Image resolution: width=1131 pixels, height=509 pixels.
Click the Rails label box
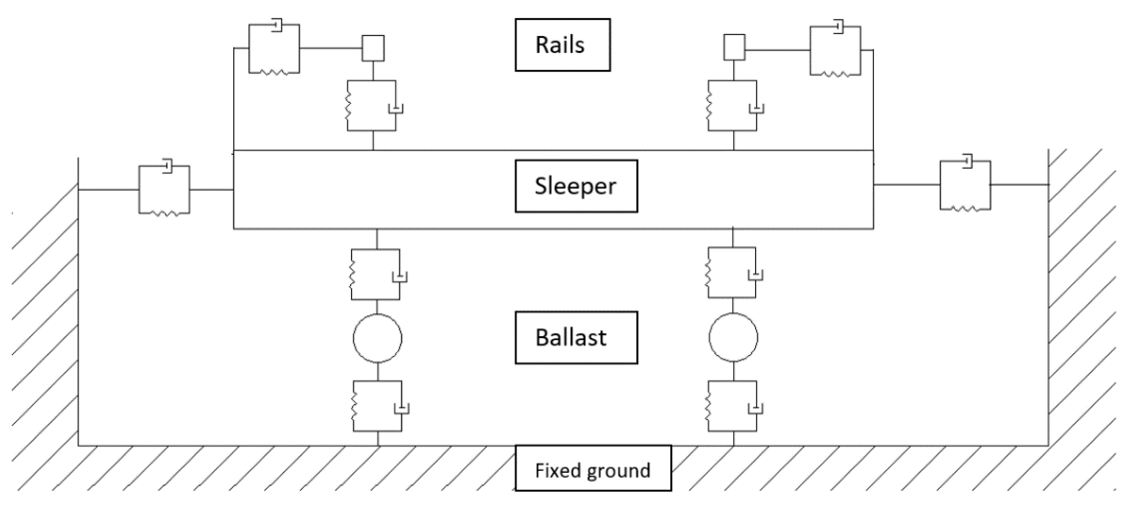562,45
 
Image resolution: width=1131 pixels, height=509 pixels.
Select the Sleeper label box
576,186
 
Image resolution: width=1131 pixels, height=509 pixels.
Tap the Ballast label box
576,337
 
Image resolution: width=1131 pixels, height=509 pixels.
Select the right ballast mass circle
733,337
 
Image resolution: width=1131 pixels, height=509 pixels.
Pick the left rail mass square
373,48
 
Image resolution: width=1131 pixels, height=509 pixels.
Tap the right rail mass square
734,47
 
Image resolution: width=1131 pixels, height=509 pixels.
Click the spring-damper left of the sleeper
164,190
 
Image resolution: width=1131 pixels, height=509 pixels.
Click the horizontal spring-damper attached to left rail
274,48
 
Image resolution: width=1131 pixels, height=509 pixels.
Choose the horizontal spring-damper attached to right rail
835,51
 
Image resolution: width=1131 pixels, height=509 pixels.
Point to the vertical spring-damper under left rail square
372,105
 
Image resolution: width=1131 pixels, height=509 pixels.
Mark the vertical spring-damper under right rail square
733,105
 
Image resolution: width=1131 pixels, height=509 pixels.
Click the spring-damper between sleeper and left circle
376,275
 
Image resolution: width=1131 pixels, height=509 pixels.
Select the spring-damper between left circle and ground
378,406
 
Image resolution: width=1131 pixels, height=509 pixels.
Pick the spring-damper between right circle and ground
733,406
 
